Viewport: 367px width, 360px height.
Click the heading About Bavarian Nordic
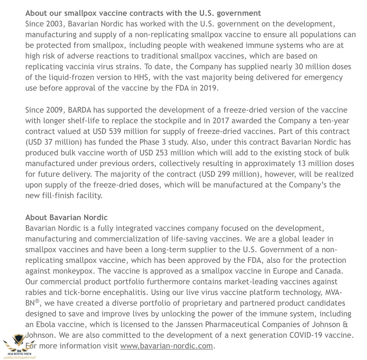click(x=66, y=217)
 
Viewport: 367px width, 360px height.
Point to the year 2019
click(x=209, y=88)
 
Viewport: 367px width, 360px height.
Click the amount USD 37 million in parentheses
click(x=53, y=142)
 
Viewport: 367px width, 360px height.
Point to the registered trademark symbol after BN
click(x=37, y=301)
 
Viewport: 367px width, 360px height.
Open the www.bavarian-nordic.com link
click(x=166, y=346)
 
